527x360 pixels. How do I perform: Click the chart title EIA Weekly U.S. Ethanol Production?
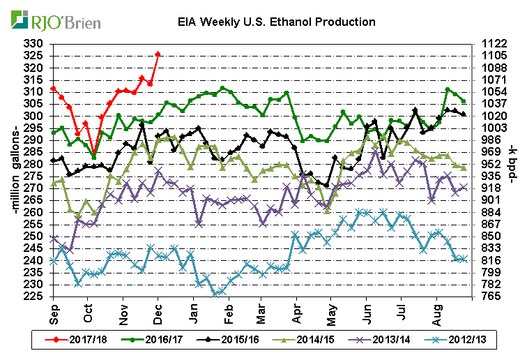tap(275, 22)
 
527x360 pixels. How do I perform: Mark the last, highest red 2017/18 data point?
tap(158, 54)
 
